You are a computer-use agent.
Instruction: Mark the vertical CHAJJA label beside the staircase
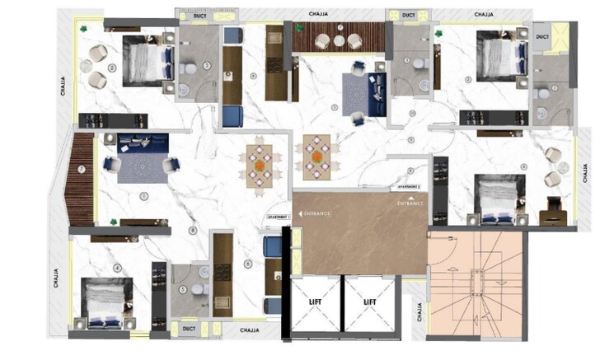419,314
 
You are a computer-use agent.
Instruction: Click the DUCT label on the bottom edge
189,329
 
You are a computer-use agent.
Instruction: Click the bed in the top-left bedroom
148,60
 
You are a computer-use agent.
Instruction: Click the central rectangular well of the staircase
476,280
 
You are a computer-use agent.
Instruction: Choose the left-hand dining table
260,161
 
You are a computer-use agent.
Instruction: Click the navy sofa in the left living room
142,143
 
